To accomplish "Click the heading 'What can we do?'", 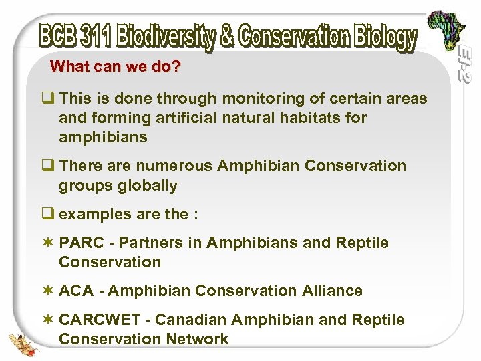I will [116, 67].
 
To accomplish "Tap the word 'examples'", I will [89, 214].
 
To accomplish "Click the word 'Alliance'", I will [331, 291].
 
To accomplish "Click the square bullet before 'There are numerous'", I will [48, 166].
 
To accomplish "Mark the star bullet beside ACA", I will [47, 291].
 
